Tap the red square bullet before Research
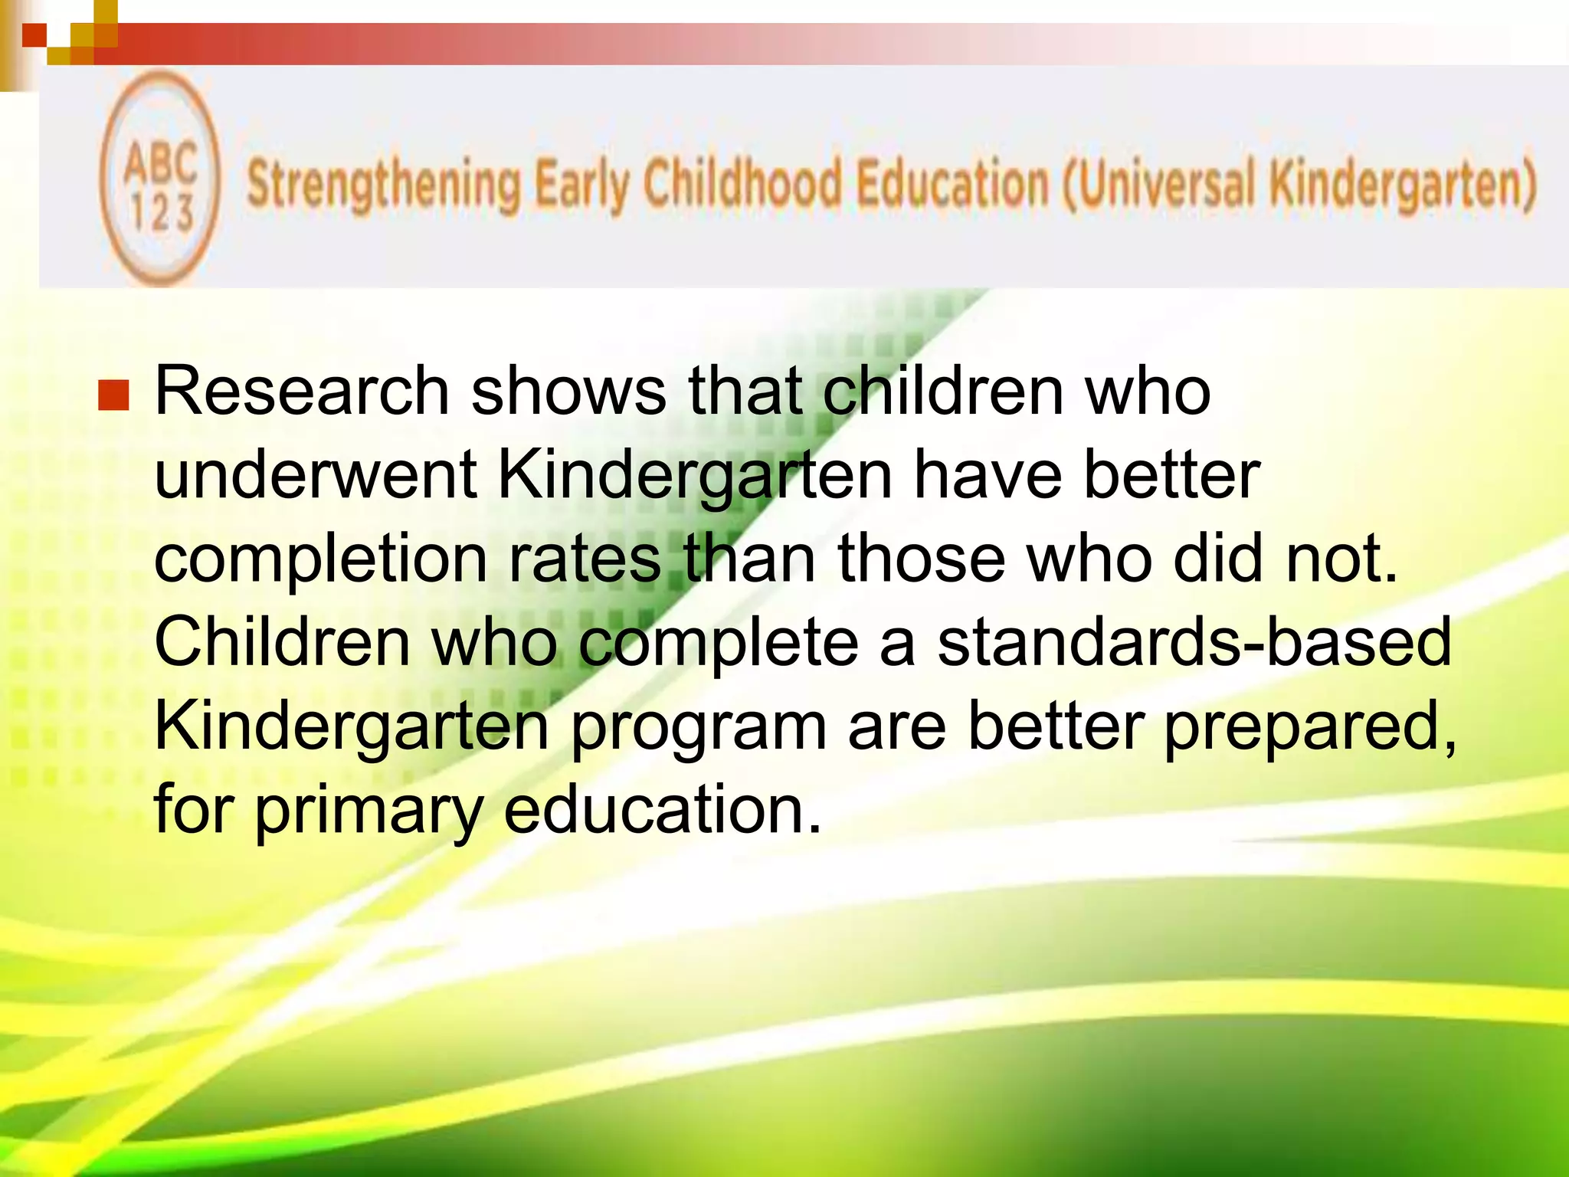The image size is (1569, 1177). point(113,395)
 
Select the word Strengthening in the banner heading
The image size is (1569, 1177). point(384,185)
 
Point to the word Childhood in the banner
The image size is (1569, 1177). point(741,184)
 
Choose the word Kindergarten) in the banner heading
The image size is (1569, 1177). point(1402,185)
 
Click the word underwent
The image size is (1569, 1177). point(316,475)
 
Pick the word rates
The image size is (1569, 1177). point(585,559)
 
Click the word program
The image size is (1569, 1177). point(698,729)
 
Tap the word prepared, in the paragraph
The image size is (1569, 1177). point(1310,729)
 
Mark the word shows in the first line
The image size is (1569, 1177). point(568,392)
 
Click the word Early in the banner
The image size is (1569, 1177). point(581,185)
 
